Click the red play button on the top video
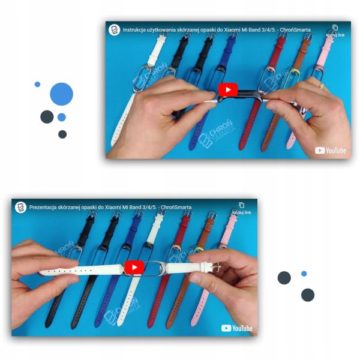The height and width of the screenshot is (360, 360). pyautogui.click(x=228, y=89)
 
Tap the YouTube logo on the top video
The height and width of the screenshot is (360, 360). pyautogui.click(x=331, y=151)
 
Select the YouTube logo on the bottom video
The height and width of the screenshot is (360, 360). pyautogui.click(x=237, y=328)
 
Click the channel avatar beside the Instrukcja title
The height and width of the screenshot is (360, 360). pyautogui.click(x=115, y=30)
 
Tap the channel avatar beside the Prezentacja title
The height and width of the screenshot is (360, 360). pyautogui.click(x=20, y=208)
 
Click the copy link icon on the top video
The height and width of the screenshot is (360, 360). pyautogui.click(x=335, y=28)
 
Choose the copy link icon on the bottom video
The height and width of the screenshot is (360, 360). pyautogui.click(x=241, y=205)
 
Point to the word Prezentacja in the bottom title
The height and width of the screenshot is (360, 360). pyautogui.click(x=43, y=208)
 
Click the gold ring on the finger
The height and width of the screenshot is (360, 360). pyautogui.click(x=322, y=86)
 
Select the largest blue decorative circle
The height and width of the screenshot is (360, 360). pyautogui.click(x=62, y=94)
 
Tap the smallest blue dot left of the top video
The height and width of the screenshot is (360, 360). pyautogui.click(x=37, y=84)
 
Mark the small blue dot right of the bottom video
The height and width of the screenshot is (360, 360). pyautogui.click(x=304, y=274)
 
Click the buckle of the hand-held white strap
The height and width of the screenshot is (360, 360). pyautogui.click(x=216, y=268)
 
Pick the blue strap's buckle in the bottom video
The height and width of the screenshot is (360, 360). pyautogui.click(x=138, y=214)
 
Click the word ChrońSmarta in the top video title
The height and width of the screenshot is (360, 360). pyautogui.click(x=295, y=30)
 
